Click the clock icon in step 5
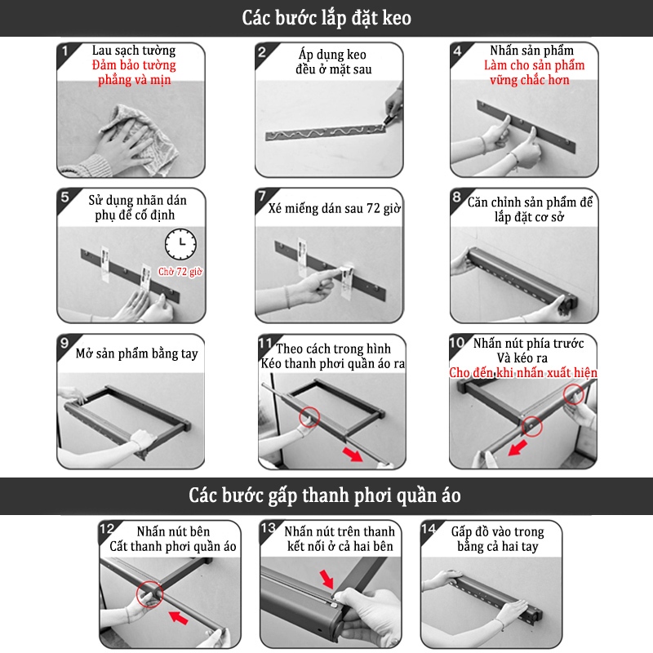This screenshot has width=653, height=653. click(x=180, y=244)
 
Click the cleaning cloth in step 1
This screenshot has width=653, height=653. click(x=141, y=137)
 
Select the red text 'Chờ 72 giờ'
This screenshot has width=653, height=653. click(x=180, y=272)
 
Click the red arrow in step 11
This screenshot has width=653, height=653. click(x=353, y=454)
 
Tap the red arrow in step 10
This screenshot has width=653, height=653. click(x=518, y=448)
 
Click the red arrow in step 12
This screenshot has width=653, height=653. click(x=178, y=617)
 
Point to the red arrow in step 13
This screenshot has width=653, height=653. click(x=326, y=580)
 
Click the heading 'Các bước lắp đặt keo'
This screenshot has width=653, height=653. click(x=326, y=18)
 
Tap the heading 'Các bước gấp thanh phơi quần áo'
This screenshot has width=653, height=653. click(x=325, y=495)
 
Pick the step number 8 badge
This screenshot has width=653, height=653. click(x=457, y=197)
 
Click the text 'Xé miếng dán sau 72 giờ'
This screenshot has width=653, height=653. click(x=334, y=208)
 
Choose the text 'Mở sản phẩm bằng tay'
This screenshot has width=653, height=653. click(x=136, y=353)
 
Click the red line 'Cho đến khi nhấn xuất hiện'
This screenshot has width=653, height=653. click(x=523, y=372)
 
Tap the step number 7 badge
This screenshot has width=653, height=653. click(x=262, y=196)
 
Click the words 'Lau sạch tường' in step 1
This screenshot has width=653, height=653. click(x=134, y=51)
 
